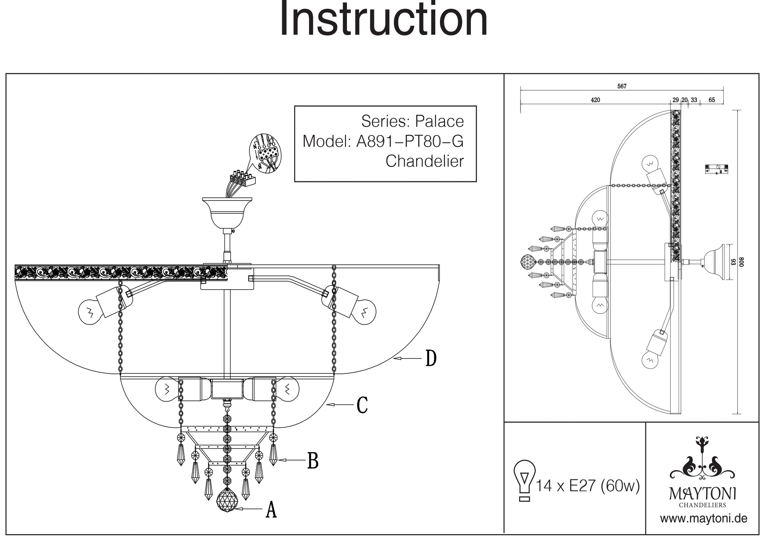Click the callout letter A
pos(271,510)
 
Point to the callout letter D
pos(431,358)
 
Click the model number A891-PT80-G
pos(410,142)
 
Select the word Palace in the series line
pos(439,122)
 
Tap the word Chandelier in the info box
pos(425,161)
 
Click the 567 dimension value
pos(622,86)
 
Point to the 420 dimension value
pos(596,100)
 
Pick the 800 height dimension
pos(741,262)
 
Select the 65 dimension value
pos(712,100)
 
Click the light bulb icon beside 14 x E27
pos(525,481)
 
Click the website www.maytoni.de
pos(703,519)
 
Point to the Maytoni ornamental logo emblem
pos(702,459)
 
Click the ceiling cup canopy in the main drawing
pos(227,212)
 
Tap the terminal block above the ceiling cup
pos(242,179)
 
